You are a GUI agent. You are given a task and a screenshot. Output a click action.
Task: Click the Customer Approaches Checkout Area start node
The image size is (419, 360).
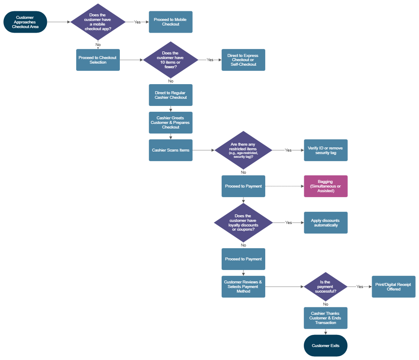25,22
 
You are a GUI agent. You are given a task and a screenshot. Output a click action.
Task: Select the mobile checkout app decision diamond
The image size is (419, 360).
98,22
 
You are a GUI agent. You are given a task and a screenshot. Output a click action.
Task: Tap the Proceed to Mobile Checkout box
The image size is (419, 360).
171,22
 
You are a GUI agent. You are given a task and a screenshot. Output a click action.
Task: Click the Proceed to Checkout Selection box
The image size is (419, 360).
98,60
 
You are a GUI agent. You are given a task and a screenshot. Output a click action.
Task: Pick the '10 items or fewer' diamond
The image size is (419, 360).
171,60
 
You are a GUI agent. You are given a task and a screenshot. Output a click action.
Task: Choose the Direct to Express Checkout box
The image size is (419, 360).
243,60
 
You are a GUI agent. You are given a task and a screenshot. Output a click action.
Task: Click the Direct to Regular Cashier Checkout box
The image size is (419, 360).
171,95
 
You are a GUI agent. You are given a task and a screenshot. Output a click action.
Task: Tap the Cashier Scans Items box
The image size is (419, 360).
171,150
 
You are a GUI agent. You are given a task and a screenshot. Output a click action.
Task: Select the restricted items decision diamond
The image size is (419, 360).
243,150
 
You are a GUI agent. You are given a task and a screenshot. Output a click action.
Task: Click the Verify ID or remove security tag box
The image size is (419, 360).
326,150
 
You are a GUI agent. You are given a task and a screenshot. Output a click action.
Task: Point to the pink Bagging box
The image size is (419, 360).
326,186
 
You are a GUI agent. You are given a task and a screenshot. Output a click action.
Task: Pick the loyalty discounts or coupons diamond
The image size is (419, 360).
243,223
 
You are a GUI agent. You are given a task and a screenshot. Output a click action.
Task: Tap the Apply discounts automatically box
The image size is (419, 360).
326,223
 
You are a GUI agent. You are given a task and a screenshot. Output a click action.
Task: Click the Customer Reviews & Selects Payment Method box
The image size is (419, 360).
243,287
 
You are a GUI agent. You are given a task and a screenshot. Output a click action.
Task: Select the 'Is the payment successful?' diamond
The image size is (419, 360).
326,287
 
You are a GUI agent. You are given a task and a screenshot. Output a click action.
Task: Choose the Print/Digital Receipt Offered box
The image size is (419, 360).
393,287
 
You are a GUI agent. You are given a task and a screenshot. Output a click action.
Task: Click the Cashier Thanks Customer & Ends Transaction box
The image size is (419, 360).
326,318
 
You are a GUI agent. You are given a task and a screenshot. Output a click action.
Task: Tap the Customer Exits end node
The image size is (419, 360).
326,346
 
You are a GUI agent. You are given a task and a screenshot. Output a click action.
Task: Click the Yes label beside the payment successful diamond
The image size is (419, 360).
360,287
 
